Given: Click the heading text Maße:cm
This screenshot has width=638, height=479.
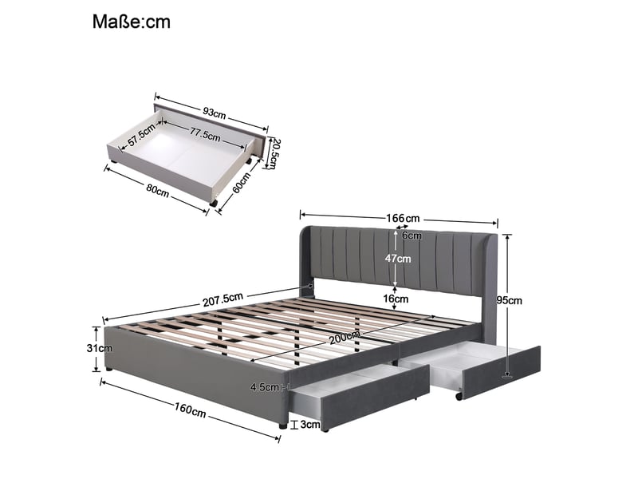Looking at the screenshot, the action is coord(131,22).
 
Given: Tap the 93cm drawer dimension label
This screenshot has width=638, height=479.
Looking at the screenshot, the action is coord(215,113).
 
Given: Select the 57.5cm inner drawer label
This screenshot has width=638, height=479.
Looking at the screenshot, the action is coord(141,134).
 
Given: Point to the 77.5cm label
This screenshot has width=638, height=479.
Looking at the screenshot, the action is coord(205,134).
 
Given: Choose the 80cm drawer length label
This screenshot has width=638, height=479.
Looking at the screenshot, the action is coord(158,191).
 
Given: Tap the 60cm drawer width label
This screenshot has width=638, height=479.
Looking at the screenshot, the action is coord(242,183).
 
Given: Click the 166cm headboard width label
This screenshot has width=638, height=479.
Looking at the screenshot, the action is coord(403,218).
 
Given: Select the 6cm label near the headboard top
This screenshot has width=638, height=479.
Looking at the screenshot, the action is coord(412,236).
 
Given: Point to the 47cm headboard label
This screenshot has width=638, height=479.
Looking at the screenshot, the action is coord(398,259).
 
